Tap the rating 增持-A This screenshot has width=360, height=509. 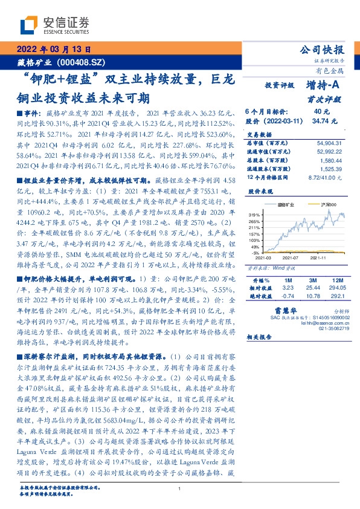(x=321, y=86)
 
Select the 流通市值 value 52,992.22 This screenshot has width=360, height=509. (x=329, y=152)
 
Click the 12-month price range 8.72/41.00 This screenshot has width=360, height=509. (x=326, y=178)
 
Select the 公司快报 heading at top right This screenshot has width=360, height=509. (x=330, y=50)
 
